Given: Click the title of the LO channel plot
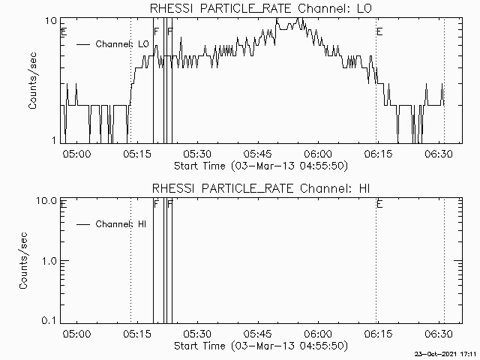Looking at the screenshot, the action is (x=261, y=8).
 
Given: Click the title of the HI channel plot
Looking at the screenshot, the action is (x=261, y=188).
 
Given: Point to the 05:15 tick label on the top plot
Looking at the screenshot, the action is (x=137, y=154).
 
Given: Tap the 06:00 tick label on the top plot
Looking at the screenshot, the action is (x=318, y=154).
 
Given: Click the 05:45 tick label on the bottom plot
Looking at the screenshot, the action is (x=258, y=334).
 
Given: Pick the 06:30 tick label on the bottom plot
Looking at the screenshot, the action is (x=438, y=334).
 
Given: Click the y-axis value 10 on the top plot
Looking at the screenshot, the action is (x=51, y=21).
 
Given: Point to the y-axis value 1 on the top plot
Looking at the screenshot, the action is (x=54, y=140).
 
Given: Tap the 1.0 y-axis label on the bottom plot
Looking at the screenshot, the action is (x=49, y=261).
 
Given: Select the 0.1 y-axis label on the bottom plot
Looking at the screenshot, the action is (x=49, y=320).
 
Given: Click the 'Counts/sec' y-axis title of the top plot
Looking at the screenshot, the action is (x=32, y=81).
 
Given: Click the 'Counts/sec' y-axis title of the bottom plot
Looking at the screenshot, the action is (x=23, y=260).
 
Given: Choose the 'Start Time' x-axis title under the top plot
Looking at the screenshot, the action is (x=261, y=166).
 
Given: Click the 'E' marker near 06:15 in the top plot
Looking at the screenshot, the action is (x=379, y=31).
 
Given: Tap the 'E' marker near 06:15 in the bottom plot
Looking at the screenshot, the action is (x=379, y=204).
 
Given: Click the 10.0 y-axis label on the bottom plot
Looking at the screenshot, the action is (x=46, y=201).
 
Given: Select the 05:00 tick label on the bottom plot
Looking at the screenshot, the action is (x=76, y=334).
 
